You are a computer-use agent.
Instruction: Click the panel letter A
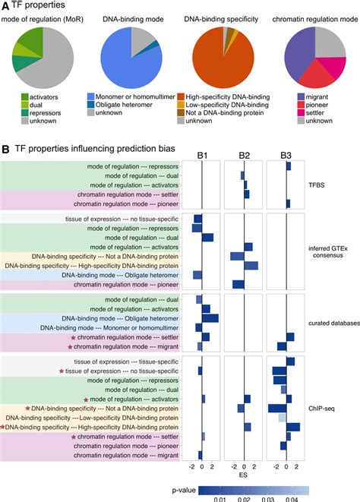[x=7, y=7]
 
